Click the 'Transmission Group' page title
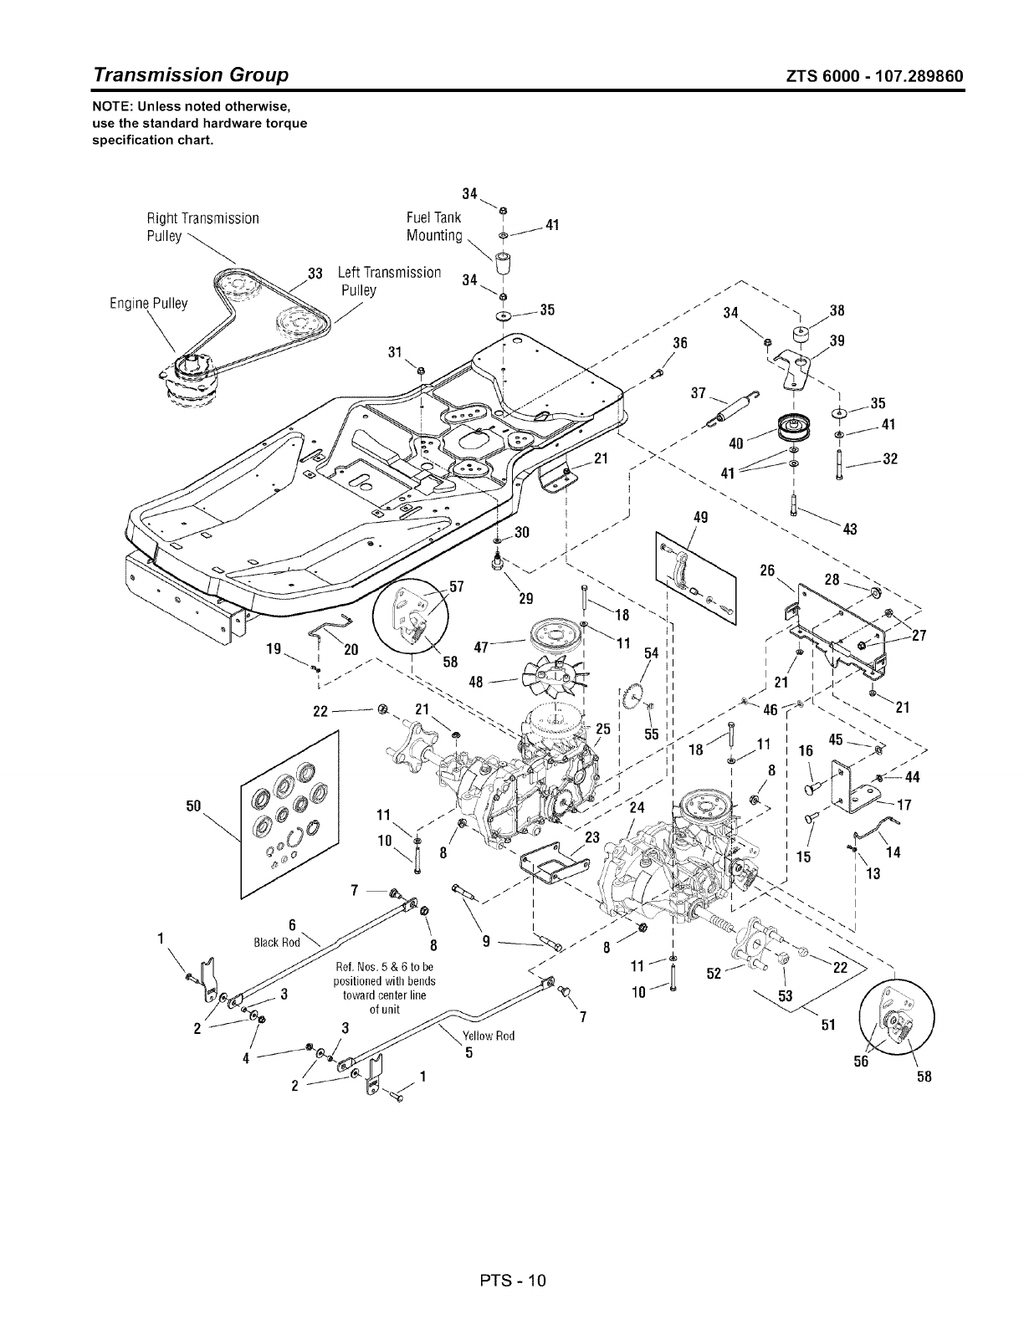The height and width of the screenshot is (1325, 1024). coord(192,74)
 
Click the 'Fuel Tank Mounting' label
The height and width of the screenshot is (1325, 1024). coord(433,227)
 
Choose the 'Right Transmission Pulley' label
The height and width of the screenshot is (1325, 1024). coord(202,227)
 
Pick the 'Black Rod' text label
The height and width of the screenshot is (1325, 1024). coord(276,942)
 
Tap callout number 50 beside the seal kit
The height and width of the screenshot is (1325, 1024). coord(193,805)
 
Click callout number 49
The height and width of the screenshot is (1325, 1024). coord(701,517)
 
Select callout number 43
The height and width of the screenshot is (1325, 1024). coord(849,529)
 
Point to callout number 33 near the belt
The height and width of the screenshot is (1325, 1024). coord(315,273)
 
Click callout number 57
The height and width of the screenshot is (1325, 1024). coord(457,586)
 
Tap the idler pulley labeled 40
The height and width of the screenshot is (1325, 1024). coord(788,431)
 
